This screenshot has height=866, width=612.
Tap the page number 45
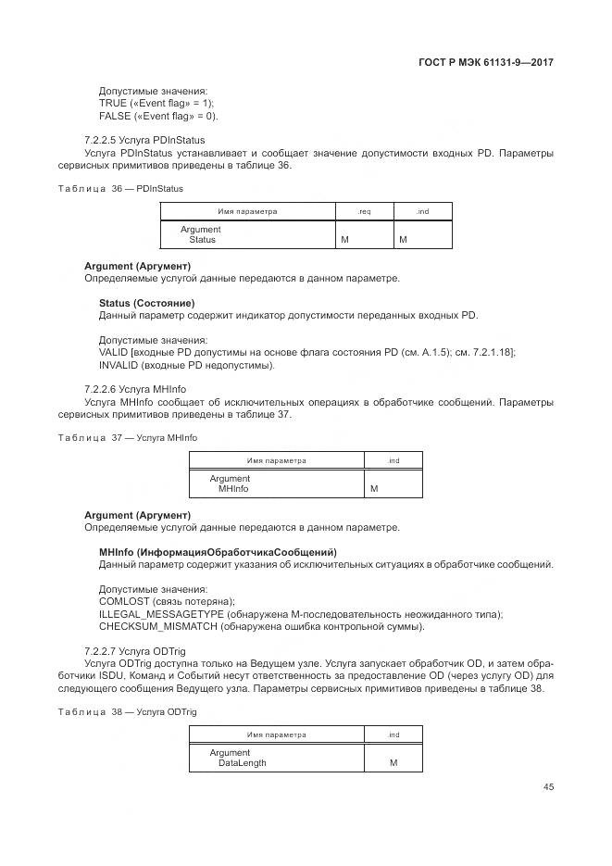[x=548, y=786]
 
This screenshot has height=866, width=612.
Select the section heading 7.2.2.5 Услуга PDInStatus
[x=144, y=140]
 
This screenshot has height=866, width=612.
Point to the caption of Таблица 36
[x=120, y=188]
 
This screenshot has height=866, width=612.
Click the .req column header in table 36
[x=364, y=211]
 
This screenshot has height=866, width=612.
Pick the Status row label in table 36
[x=202, y=240]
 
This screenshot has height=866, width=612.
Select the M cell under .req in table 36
[x=344, y=240]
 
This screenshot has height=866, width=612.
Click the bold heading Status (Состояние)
[x=146, y=303]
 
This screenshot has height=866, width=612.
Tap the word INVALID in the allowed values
[x=117, y=365]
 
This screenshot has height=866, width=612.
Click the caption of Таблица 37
[x=127, y=437]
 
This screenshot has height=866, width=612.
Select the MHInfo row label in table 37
[x=232, y=488]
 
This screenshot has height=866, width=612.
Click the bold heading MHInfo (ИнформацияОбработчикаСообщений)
[x=218, y=552]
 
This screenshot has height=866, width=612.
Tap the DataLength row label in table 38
[x=242, y=763]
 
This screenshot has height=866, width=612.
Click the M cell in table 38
[x=393, y=763]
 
